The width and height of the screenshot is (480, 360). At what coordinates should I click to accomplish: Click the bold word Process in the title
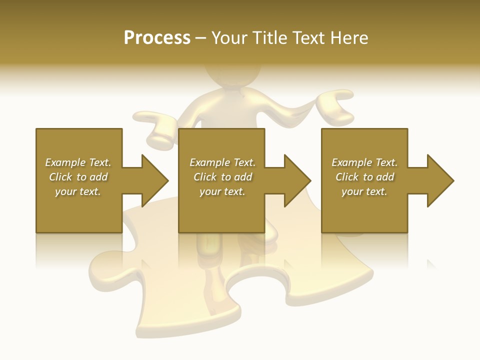coord(157,38)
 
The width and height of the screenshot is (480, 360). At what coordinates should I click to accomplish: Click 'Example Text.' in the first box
coord(78,162)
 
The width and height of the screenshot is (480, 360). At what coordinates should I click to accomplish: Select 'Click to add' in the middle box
coord(222,177)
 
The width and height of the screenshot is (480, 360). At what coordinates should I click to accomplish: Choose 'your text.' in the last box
coord(364,191)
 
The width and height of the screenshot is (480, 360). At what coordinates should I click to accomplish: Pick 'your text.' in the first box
coord(78,191)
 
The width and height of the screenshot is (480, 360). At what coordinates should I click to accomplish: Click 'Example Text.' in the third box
coord(364,162)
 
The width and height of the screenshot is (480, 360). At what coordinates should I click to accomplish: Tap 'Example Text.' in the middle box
coord(222,162)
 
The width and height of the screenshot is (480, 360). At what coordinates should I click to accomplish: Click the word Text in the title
coord(307,38)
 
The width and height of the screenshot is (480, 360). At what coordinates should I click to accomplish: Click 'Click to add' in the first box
coord(78,177)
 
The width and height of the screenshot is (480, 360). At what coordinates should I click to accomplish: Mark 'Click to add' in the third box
coord(365,177)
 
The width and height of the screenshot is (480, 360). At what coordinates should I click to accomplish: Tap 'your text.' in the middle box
coord(222,191)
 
